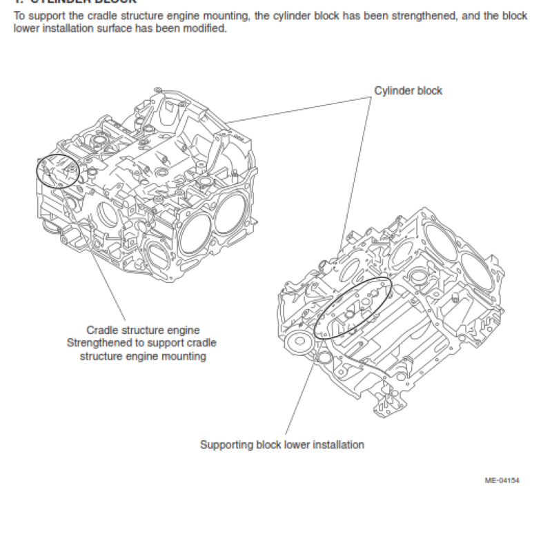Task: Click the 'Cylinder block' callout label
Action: point(408,90)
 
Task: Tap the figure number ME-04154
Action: point(502,480)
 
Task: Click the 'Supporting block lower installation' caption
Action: point(282,445)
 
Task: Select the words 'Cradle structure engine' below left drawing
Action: point(143,331)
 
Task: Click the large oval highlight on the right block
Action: point(353,308)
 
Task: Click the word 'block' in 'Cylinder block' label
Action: point(429,90)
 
